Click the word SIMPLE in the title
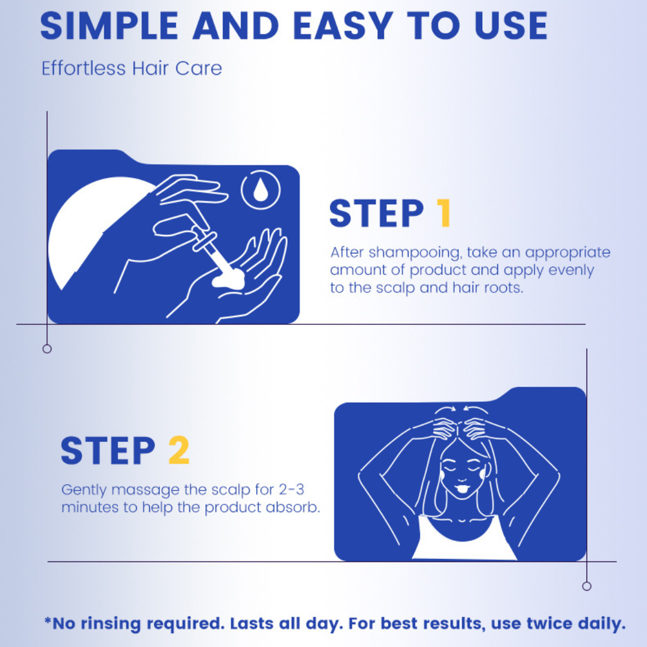[x=109, y=26]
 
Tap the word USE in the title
[x=511, y=26]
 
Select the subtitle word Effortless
[x=83, y=68]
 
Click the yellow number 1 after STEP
[x=444, y=213]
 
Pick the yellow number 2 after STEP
[x=179, y=450]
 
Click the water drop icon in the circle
[x=260, y=190]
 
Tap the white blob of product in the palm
[x=228, y=280]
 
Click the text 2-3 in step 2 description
[x=291, y=489]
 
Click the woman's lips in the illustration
[x=462, y=489]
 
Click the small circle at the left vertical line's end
[x=47, y=349]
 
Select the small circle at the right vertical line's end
[x=587, y=586]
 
